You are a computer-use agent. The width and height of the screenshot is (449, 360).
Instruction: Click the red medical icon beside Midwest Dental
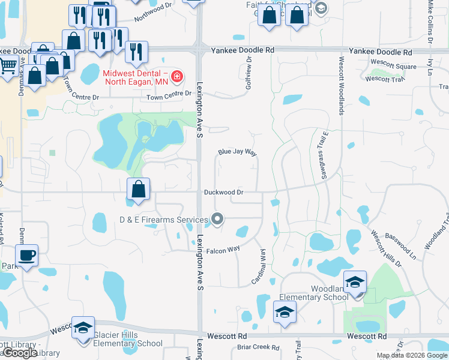pos(177,77)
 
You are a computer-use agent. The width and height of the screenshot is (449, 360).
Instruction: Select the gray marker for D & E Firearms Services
pos(218,220)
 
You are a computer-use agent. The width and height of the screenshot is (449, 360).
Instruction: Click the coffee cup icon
pos(26,255)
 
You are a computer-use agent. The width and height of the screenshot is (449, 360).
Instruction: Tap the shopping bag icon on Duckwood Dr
pos(139,189)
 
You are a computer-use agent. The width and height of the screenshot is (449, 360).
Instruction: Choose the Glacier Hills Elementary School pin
pos(83,328)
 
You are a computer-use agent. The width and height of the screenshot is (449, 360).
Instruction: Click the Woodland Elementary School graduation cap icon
pos(355,282)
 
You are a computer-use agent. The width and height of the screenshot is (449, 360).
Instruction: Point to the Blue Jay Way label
pos(237,153)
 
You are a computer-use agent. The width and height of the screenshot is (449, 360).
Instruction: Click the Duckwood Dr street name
pos(223,193)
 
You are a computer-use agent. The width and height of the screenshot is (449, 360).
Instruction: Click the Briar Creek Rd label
pos(258,347)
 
